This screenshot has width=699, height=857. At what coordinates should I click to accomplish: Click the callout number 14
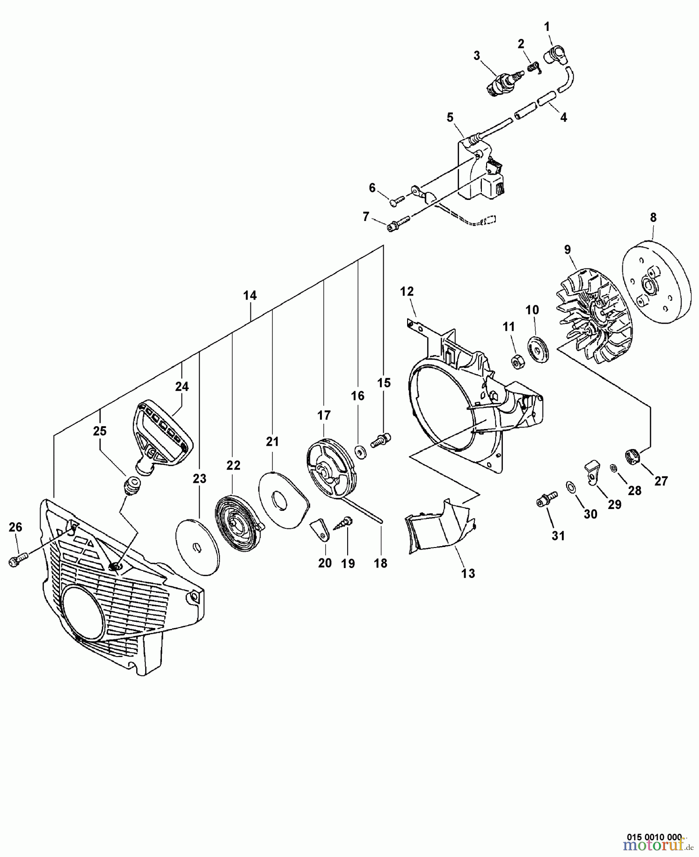[x=250, y=296]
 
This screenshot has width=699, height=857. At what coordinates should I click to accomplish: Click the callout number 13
[x=468, y=573]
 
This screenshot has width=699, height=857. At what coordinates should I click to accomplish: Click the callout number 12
[x=407, y=291]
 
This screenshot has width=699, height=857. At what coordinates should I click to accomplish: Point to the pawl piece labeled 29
[x=591, y=472]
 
